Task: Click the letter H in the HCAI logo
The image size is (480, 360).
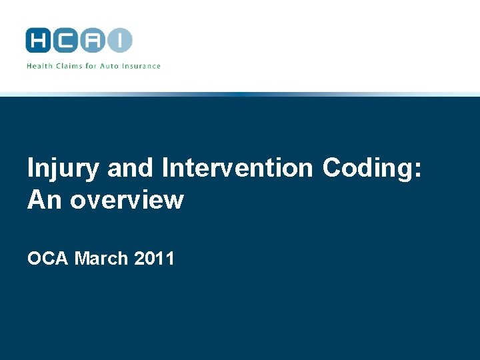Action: click(x=39, y=40)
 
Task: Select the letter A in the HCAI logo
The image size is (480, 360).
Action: click(x=93, y=40)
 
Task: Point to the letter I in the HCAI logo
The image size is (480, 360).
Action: click(x=120, y=40)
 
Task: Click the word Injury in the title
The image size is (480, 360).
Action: click(x=63, y=169)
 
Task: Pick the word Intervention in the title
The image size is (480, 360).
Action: click(x=237, y=169)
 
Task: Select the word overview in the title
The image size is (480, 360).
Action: click(x=127, y=199)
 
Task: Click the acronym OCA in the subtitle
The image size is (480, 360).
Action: click(x=48, y=258)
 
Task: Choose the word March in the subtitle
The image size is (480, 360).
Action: click(x=101, y=258)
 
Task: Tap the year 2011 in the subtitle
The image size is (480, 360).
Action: click(x=154, y=258)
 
